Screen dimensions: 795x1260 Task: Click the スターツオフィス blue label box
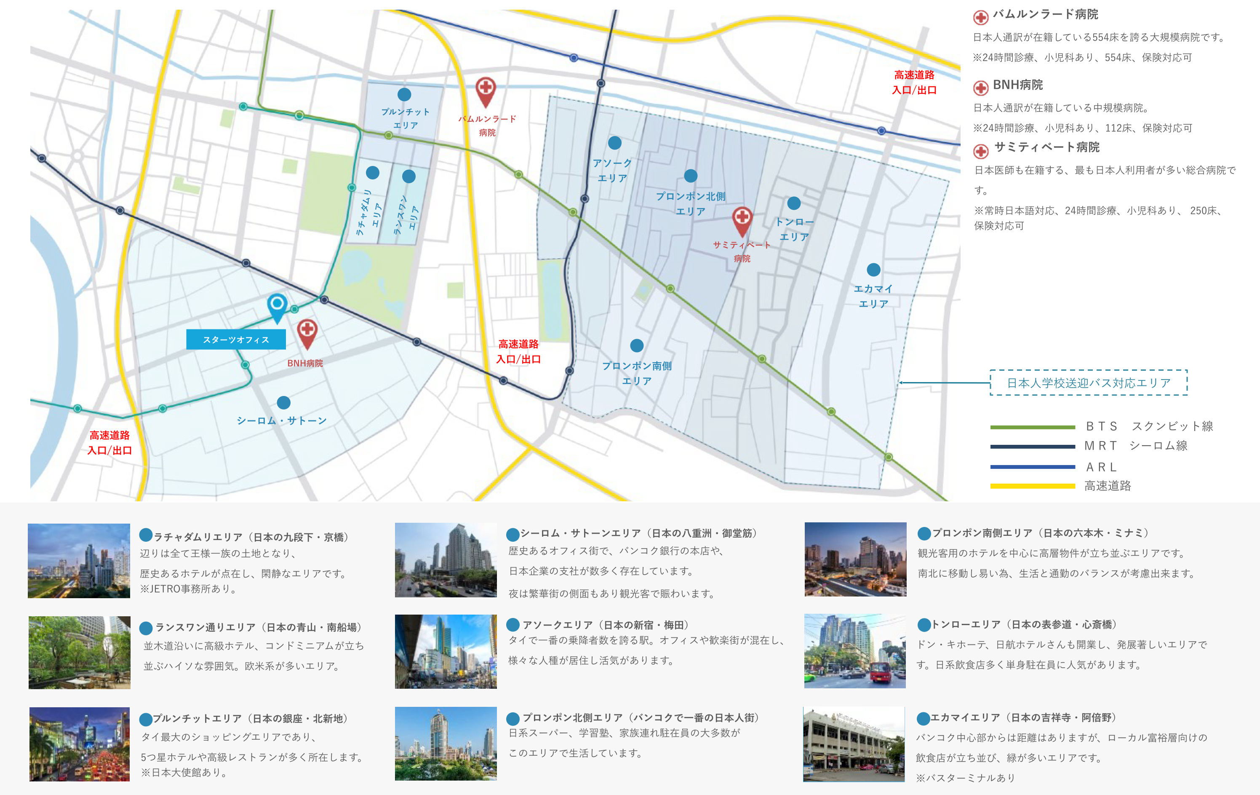click(236, 340)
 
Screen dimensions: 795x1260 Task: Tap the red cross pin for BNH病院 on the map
click(307, 332)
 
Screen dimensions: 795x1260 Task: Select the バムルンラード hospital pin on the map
click(486, 90)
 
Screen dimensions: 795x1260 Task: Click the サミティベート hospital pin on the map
click(742, 219)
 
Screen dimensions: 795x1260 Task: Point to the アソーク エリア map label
click(612, 171)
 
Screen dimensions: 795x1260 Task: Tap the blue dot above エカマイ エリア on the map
click(873, 270)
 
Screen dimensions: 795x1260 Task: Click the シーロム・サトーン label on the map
click(281, 421)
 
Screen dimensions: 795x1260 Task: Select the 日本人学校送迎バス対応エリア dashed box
click(1088, 383)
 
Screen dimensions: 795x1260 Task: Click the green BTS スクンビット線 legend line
click(1032, 427)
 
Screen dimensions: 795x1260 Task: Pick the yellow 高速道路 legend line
click(1032, 486)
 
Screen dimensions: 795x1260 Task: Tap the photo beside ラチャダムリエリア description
click(79, 560)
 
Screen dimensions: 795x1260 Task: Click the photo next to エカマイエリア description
click(854, 744)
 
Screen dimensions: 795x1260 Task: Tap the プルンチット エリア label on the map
click(406, 118)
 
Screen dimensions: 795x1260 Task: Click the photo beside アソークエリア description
click(446, 652)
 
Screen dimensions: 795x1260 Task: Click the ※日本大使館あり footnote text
click(184, 773)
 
